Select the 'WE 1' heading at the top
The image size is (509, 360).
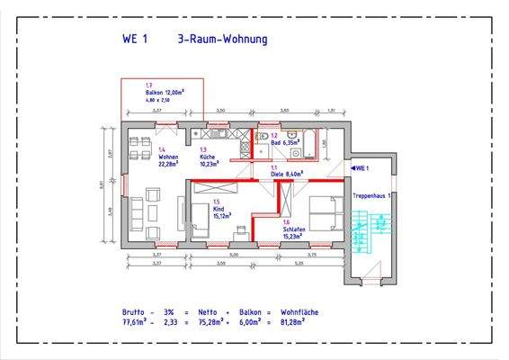(x=135, y=40)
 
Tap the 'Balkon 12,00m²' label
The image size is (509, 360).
(x=165, y=93)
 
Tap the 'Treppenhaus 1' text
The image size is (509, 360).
(x=371, y=194)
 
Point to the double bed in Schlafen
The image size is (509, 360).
(x=324, y=213)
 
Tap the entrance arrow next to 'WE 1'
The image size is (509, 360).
(x=351, y=168)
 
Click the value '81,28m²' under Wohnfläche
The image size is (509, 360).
(x=295, y=321)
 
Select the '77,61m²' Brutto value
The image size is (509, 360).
(x=137, y=321)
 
